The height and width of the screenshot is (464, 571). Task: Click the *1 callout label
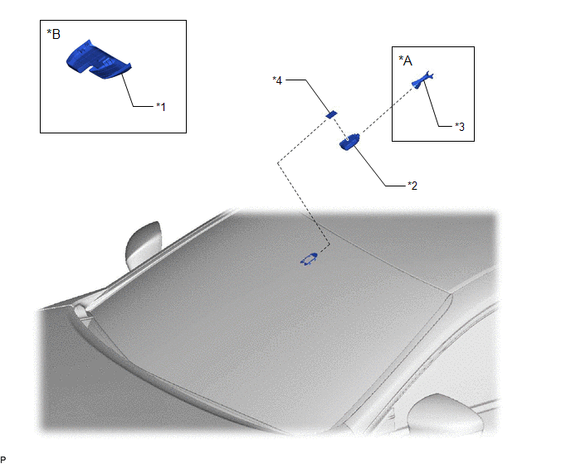click(161, 107)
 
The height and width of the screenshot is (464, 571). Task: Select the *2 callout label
click(412, 186)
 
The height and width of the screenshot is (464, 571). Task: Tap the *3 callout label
click(460, 127)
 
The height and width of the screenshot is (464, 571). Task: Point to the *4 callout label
click(277, 80)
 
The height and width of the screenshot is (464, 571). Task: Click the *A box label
click(405, 60)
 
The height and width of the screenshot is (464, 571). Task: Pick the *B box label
click(53, 34)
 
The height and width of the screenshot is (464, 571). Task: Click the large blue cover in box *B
click(98, 60)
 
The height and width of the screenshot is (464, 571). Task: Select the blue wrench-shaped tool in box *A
click(422, 80)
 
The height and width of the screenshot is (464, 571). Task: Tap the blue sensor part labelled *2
click(349, 142)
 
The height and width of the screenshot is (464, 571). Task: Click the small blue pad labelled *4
click(331, 114)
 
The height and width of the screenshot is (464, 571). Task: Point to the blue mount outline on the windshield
click(309, 259)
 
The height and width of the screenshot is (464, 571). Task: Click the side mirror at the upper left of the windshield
click(143, 245)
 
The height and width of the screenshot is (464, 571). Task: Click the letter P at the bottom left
click(3, 460)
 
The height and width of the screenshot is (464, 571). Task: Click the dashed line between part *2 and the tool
click(387, 111)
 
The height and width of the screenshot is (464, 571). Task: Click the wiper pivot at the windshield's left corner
click(81, 310)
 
